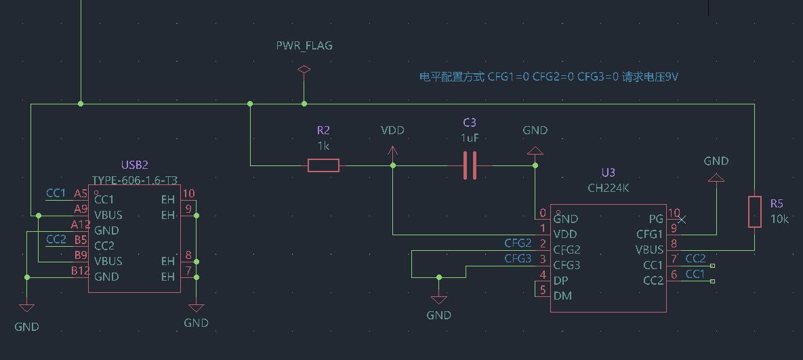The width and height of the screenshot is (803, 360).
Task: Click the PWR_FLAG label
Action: tap(304, 46)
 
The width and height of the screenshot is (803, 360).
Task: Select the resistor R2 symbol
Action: tap(323, 165)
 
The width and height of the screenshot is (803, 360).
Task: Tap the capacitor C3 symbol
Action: tap(470, 165)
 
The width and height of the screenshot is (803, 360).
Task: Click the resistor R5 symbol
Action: tap(754, 212)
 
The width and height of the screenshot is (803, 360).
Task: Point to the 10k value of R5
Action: tap(779, 219)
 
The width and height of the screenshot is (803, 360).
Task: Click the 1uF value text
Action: tap(470, 138)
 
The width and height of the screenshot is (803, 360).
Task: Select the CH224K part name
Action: tap(608, 188)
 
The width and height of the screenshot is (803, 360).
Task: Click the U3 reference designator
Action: tap(608, 173)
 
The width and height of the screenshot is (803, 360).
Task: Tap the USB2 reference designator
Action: tap(134, 165)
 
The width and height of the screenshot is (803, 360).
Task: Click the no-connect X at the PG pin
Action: tap(682, 219)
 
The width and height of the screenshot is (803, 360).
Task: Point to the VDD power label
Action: tap(392, 130)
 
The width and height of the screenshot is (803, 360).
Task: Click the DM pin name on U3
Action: tap(562, 296)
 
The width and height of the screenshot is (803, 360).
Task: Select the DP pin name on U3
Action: tap(561, 281)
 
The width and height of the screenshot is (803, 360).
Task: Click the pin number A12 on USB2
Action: tap(80, 224)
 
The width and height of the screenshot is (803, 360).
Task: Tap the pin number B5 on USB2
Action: tap(81, 240)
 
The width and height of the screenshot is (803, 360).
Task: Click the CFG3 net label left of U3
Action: tap(518, 258)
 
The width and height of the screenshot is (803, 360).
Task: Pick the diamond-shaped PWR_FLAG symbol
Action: tap(304, 70)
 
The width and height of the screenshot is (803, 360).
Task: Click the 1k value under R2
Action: tap(323, 146)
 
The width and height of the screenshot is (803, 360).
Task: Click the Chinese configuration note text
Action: tap(549, 77)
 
